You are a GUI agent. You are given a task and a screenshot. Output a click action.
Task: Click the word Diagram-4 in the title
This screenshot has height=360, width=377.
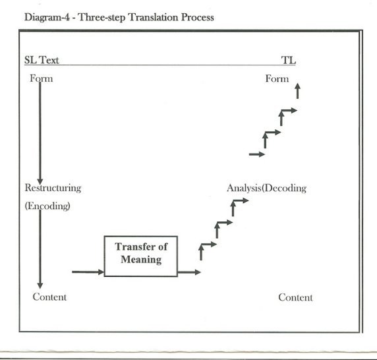[47, 18]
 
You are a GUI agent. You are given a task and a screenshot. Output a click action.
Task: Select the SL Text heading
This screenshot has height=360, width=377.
[42, 60]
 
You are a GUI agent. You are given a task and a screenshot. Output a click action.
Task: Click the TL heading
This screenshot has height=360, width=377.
[288, 60]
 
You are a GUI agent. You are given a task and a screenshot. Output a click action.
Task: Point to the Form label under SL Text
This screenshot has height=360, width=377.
[41, 78]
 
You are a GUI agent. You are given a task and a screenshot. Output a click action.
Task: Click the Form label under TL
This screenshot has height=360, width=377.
[277, 78]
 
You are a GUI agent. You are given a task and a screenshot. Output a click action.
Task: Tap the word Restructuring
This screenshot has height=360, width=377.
[53, 188]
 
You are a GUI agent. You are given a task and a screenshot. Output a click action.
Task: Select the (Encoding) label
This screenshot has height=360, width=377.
[47, 206]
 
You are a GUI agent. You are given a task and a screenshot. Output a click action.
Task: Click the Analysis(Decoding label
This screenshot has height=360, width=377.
[266, 188]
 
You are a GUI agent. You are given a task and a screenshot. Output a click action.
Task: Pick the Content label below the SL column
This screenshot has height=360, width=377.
[49, 297]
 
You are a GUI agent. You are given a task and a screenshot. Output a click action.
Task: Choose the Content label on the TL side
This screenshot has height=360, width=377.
[295, 297]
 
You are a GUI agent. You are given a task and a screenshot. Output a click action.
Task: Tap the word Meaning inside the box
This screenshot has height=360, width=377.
[141, 260]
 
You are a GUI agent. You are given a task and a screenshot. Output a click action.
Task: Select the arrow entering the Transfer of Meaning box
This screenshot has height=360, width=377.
[88, 272]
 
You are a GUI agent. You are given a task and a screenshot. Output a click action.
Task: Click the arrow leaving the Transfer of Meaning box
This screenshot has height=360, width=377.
[189, 272]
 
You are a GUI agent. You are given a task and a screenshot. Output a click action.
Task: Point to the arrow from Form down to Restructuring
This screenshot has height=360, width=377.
[40, 133]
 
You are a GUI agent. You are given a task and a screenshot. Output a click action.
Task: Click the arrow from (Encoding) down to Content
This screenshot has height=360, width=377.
[40, 249]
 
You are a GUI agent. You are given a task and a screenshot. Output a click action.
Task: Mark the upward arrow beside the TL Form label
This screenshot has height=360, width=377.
[298, 91]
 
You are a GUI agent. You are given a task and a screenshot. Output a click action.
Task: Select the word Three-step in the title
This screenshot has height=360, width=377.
[101, 18]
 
